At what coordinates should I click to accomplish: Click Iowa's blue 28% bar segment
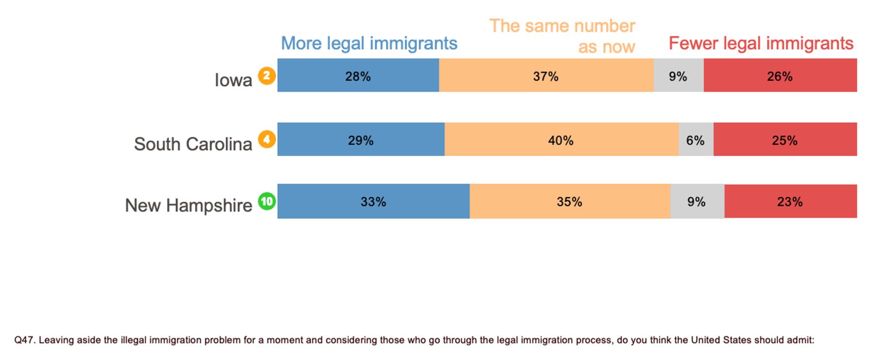(358, 75)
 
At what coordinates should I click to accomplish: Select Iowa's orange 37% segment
(546, 75)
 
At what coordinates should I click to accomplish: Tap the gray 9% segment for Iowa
(678, 75)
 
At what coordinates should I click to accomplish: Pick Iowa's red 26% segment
(780, 75)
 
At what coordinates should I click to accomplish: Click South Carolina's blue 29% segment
(361, 139)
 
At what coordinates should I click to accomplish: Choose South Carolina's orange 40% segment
(561, 139)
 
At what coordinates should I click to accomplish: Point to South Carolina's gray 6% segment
(696, 139)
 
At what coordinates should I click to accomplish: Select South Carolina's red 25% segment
(785, 139)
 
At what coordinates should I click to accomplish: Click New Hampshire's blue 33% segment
(374, 201)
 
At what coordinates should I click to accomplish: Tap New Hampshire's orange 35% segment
(570, 201)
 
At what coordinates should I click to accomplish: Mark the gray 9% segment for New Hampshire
(697, 201)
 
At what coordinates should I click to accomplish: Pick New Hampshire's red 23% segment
(791, 201)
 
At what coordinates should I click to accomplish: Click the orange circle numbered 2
(267, 76)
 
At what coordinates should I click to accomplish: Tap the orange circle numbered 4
(267, 139)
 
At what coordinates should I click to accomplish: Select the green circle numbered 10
(267, 201)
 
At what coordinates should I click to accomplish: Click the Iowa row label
(233, 80)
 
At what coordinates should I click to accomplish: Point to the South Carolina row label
(193, 144)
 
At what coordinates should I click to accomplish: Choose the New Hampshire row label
(189, 206)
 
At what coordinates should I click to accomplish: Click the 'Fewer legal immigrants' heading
(761, 43)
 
